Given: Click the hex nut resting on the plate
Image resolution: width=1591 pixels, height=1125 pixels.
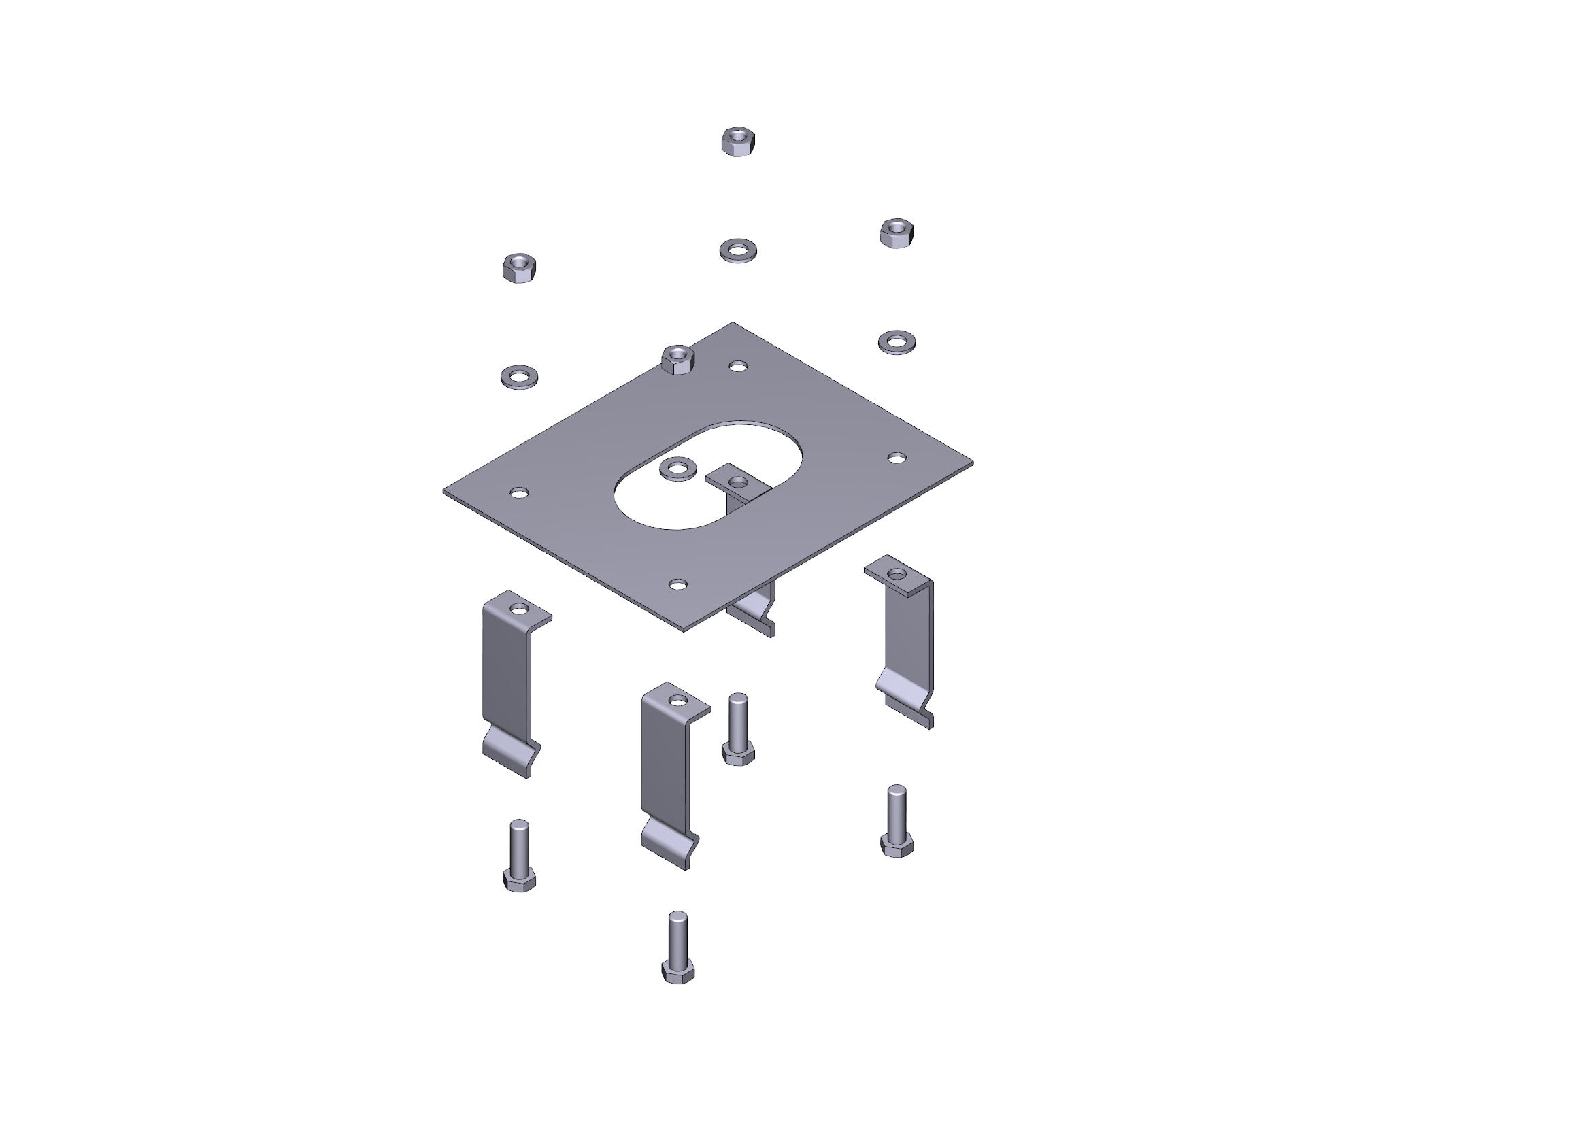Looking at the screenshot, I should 677,360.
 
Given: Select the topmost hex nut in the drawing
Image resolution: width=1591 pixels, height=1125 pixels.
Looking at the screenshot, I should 738,141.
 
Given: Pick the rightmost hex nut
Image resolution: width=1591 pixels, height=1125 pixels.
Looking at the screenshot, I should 897,233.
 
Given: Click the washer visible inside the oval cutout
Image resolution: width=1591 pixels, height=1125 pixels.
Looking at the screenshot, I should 677,468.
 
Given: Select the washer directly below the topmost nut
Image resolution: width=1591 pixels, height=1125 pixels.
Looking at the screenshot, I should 738,250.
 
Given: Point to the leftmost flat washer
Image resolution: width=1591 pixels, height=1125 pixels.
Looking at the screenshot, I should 519,377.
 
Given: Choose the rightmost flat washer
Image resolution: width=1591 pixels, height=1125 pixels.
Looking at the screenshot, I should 897,342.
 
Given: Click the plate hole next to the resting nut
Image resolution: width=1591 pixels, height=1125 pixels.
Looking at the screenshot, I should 739,365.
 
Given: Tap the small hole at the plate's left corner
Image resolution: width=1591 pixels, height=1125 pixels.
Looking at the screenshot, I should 519,493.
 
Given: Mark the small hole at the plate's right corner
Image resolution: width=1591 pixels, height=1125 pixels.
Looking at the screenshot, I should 897,458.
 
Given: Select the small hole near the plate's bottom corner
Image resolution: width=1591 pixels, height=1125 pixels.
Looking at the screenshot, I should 677,585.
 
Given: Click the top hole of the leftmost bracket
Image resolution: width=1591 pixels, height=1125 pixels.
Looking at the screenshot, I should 519,609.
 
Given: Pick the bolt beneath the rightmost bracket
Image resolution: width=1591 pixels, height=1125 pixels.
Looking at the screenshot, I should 897,821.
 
